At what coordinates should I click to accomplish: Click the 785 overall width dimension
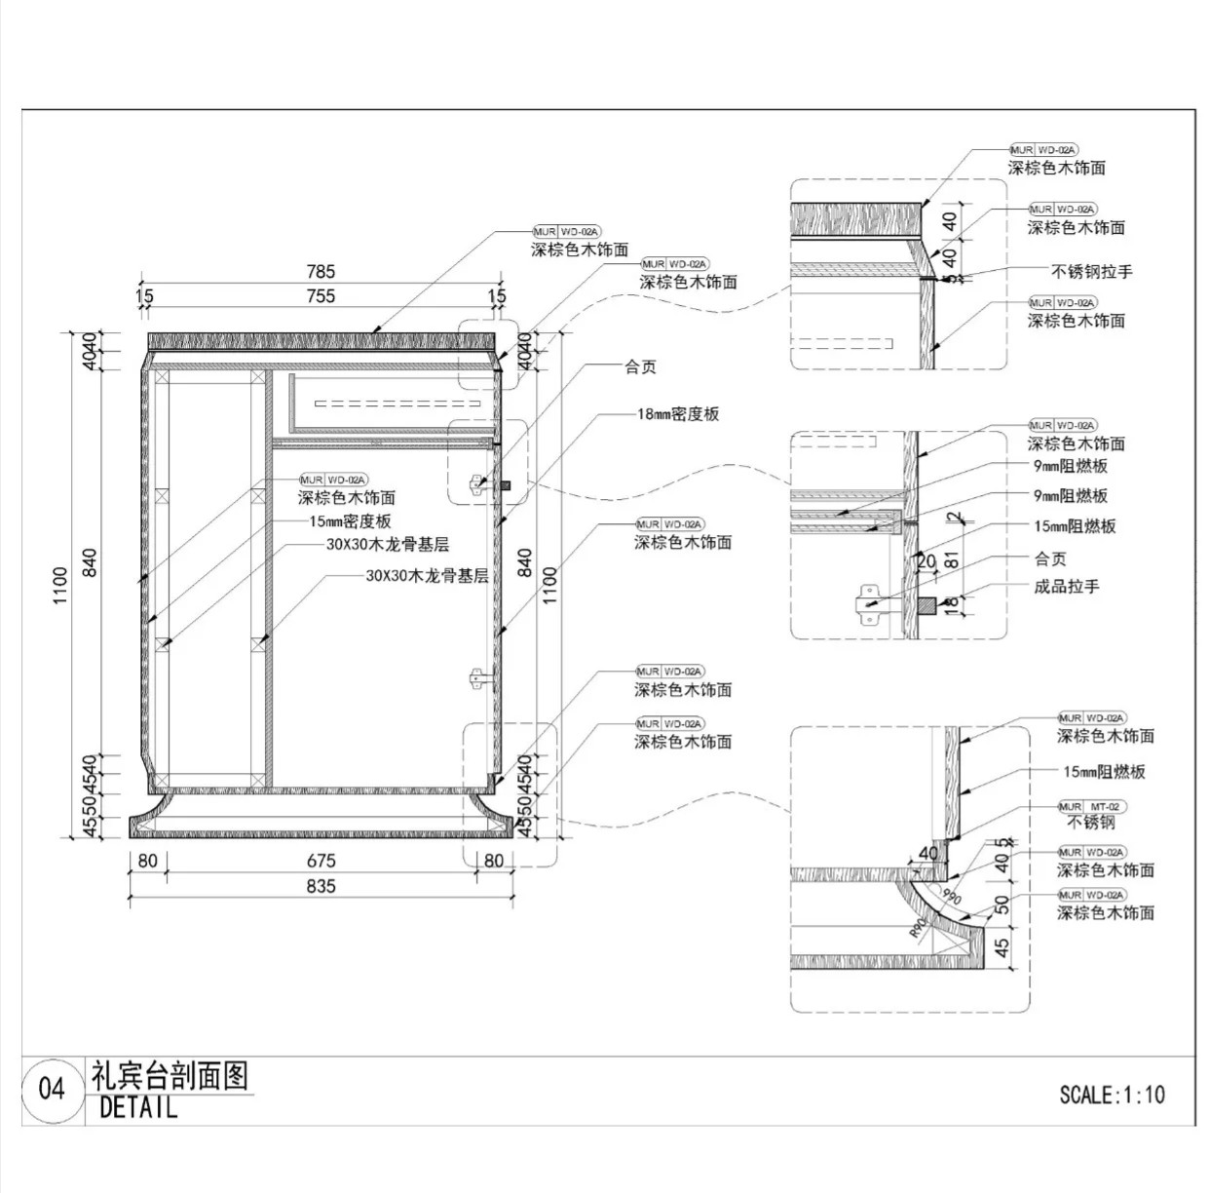(321, 272)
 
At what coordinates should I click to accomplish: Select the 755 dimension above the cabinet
(321, 295)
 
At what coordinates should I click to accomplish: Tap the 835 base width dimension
(321, 886)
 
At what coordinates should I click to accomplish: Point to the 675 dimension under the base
(321, 861)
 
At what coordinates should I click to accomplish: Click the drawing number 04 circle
(52, 1088)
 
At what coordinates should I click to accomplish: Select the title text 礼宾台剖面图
(170, 1076)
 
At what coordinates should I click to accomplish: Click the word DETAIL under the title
(138, 1107)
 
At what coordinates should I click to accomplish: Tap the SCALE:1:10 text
(1112, 1095)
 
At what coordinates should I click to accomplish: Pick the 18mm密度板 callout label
(678, 414)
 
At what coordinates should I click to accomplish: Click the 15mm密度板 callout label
(350, 521)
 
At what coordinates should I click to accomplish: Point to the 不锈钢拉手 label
(1091, 272)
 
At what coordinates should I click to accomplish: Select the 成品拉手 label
(1066, 587)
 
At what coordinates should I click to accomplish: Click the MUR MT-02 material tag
(1091, 807)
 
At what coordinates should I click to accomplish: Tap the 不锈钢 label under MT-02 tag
(1091, 823)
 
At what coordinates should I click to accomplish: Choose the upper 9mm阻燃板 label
(1070, 466)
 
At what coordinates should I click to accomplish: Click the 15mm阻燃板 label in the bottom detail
(1104, 772)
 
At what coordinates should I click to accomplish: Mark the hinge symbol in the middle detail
(868, 603)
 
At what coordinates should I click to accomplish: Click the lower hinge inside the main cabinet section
(476, 678)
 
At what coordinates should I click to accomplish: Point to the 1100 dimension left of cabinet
(60, 585)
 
